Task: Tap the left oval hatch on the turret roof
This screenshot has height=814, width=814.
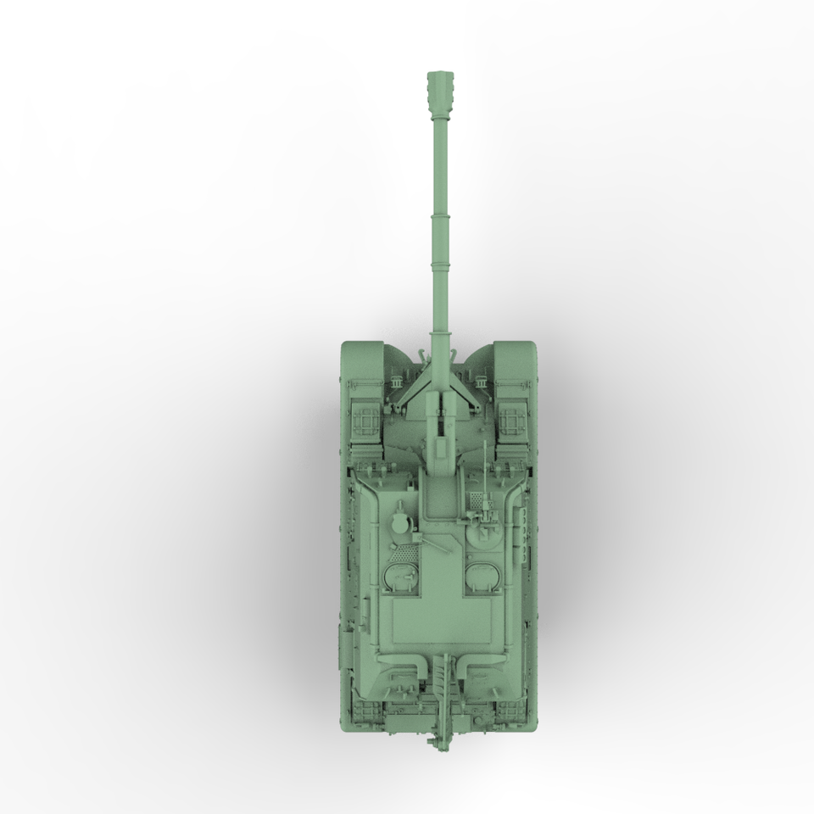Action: coord(400,576)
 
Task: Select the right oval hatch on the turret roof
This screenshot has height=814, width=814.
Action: coord(482,576)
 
